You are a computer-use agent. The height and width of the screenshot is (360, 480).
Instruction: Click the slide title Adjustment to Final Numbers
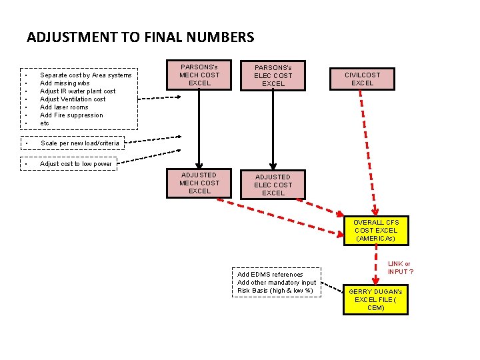point(140,37)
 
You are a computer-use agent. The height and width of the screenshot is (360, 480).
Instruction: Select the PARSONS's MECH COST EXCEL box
point(199,75)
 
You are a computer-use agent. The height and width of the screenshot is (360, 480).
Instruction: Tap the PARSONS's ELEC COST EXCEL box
point(273,76)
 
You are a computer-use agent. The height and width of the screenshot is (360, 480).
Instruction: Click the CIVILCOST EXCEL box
point(362,79)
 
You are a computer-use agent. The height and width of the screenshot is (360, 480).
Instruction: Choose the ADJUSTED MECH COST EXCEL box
point(199,183)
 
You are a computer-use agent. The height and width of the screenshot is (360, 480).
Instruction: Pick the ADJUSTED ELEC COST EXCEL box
point(273,185)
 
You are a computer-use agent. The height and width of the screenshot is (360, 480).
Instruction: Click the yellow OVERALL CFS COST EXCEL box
point(375,231)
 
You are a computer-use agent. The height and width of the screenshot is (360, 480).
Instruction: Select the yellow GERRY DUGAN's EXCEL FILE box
point(375,300)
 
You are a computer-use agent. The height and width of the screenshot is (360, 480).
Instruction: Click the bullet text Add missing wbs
point(65,83)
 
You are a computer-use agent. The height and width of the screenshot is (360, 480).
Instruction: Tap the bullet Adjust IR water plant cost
point(77,91)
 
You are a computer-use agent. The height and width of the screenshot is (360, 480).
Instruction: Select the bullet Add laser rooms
point(64,107)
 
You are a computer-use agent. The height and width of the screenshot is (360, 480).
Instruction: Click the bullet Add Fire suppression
point(71,115)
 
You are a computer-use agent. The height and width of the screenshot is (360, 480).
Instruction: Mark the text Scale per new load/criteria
point(80,143)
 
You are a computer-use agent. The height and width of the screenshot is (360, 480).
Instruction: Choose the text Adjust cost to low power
point(76,164)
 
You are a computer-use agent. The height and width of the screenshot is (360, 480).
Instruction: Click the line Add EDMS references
point(270,275)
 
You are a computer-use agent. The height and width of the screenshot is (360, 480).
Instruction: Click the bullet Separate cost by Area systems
point(85,75)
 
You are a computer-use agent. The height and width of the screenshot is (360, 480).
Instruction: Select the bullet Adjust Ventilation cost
point(73,99)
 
